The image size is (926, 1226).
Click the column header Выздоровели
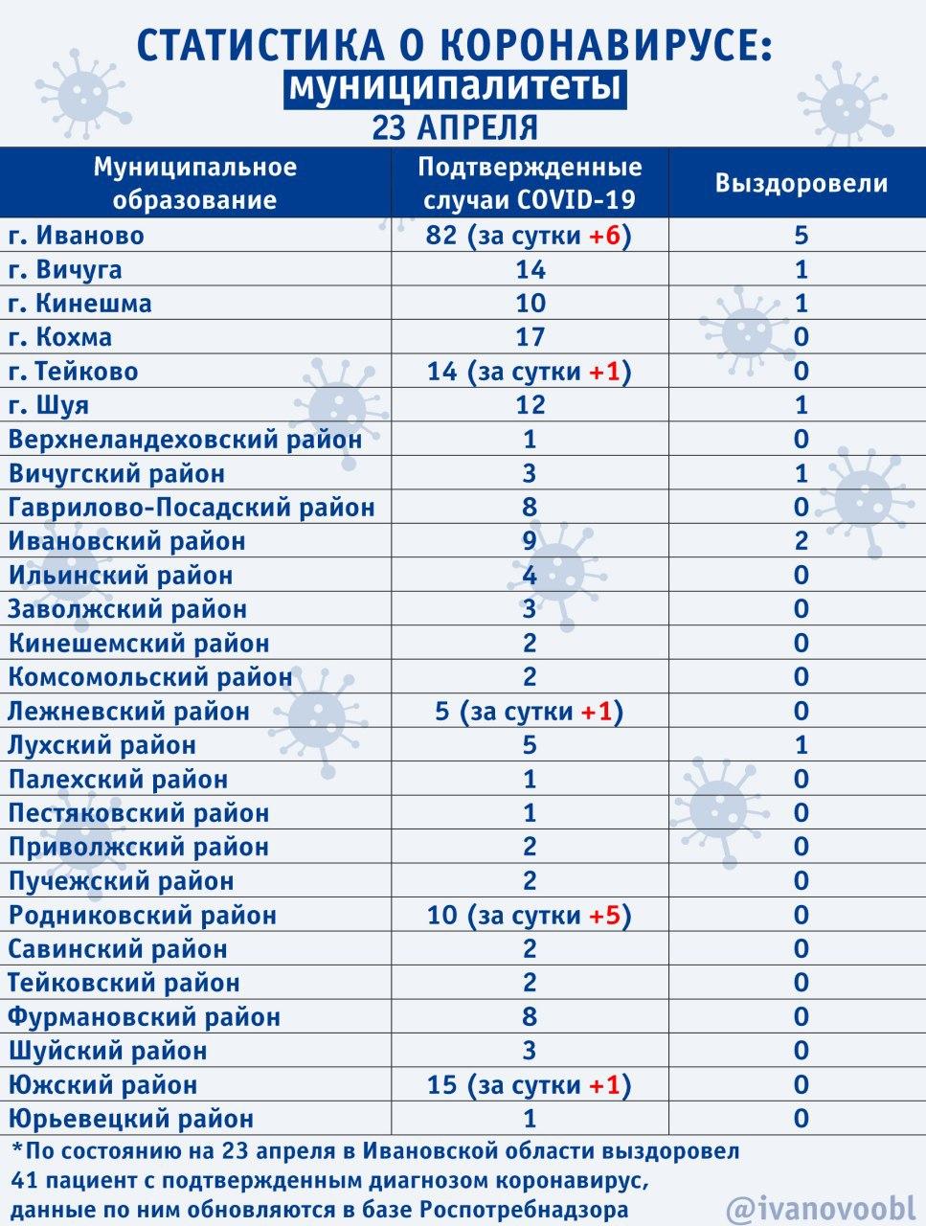802,183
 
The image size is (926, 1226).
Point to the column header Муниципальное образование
195,183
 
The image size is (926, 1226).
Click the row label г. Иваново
77,236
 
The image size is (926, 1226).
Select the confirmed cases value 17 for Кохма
530,337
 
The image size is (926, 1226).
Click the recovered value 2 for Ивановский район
802,541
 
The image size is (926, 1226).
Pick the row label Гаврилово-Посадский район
192,507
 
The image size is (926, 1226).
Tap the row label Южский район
102,1085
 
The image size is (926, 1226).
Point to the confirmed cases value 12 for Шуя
530,405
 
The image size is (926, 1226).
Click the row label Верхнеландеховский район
186,440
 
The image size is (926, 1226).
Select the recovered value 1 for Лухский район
802,745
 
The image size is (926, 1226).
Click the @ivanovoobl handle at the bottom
821,1207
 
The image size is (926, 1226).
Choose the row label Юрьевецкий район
131,1119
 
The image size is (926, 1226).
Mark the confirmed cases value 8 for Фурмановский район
530,1017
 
